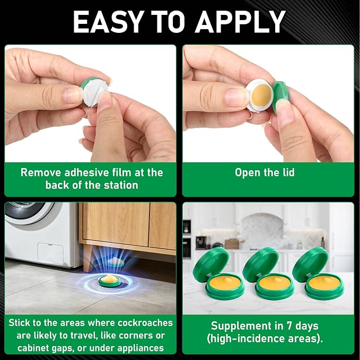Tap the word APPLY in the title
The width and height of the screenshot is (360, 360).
click(240, 22)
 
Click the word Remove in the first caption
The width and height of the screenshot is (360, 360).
click(41, 173)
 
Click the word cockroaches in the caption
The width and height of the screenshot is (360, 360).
click(145, 323)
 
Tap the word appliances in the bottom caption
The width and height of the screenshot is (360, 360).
click(141, 348)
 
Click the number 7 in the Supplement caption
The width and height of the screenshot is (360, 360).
click(289, 326)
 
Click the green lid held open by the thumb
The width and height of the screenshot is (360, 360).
click(279, 96)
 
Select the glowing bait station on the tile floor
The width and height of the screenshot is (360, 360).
click(110, 281)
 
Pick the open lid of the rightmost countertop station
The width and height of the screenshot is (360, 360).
click(310, 264)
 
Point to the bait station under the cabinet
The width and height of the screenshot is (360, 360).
click(115, 262)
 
